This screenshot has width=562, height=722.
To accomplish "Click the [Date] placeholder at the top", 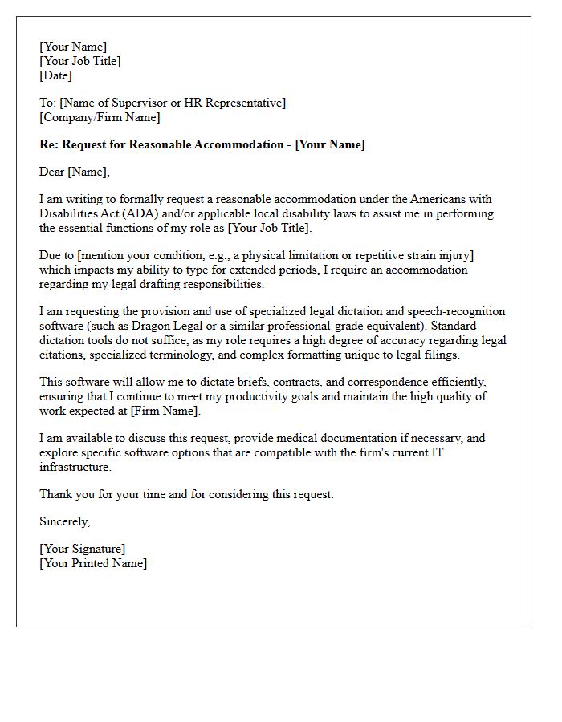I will tap(55, 76).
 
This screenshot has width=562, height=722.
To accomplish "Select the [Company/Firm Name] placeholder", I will tap(100, 118).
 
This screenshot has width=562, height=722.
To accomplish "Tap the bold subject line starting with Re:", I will tap(202, 144).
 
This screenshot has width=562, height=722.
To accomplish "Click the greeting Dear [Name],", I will tap(74, 172).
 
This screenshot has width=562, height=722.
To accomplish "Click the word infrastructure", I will tap(75, 467).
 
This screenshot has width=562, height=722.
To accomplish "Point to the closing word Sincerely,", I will tap(65, 521).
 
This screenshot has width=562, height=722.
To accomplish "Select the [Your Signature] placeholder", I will tap(82, 549).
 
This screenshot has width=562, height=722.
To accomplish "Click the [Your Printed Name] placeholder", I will tap(93, 563).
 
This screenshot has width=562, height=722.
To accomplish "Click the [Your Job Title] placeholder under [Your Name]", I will tap(80, 62).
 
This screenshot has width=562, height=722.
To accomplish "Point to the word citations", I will tap(64, 355).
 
